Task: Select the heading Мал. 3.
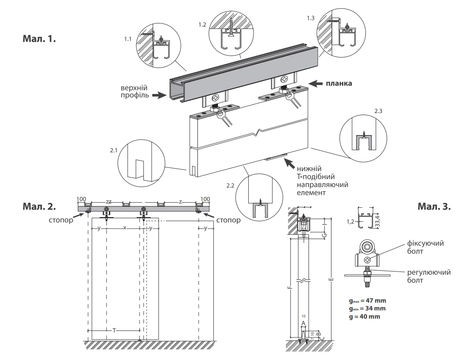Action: pyautogui.click(x=434, y=206)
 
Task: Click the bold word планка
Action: pyautogui.click(x=339, y=84)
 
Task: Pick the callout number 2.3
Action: pyautogui.click(x=379, y=111)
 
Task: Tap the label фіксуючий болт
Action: pyautogui.click(x=425, y=247)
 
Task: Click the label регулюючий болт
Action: pyautogui.click(x=428, y=276)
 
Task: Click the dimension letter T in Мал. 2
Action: pyautogui.click(x=114, y=330)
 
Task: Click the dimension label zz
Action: pyautogui.click(x=109, y=202)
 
